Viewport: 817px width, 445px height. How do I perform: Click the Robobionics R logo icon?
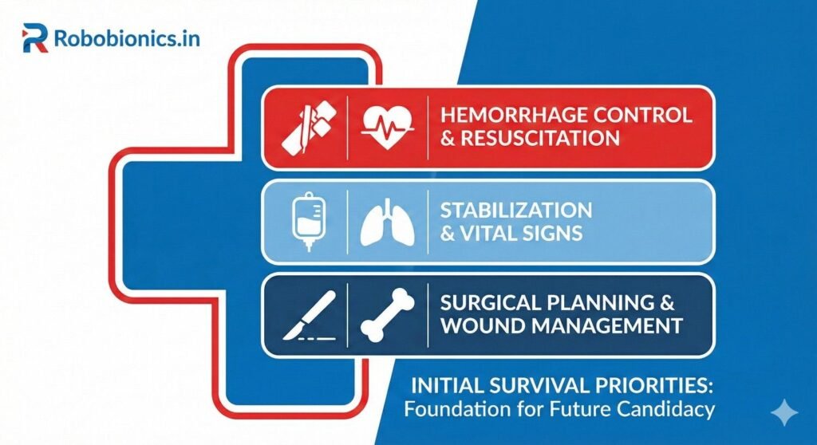pos(36,37)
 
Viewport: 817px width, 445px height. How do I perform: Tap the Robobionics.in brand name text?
pos(127,37)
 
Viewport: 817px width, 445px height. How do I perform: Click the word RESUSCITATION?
pos(538,138)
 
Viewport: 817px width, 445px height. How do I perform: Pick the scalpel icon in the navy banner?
pos(310,315)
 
